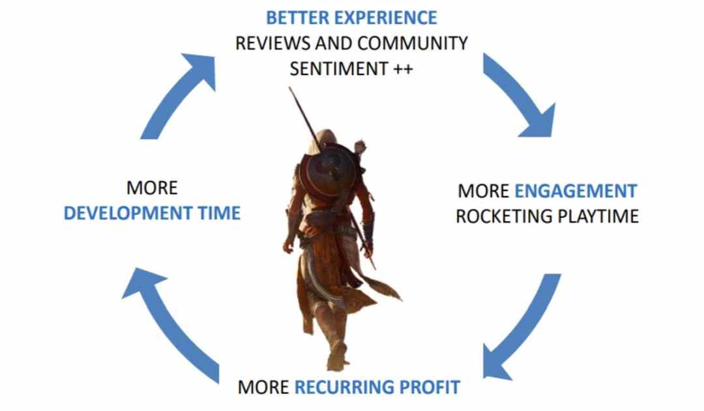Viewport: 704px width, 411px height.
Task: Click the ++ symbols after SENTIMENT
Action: click(403, 69)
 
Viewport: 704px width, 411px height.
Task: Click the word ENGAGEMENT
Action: click(576, 191)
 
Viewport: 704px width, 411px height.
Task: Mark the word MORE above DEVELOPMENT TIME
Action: click(152, 188)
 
